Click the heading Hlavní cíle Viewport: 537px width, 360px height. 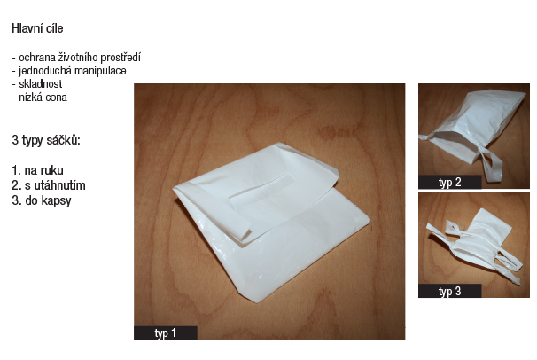point(37,28)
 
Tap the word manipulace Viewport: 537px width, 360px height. point(100,71)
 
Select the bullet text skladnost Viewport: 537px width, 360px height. point(41,84)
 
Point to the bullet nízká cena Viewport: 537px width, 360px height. point(43,98)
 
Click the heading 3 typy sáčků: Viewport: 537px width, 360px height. point(46,140)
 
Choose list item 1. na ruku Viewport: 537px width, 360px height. point(37,170)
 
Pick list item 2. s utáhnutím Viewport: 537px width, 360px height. point(49,185)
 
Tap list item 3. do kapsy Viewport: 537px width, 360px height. point(42,200)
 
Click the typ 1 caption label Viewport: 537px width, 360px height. point(166,333)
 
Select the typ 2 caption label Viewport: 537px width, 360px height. point(449,183)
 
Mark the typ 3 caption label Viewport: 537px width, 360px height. point(449,291)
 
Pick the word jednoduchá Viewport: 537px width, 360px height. point(45,71)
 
